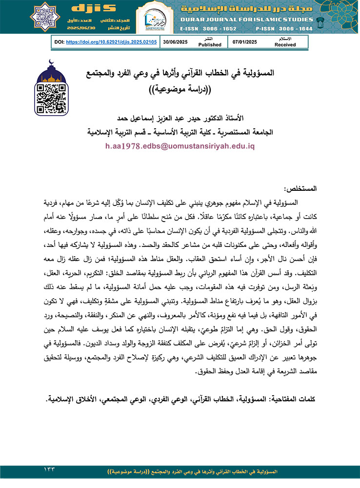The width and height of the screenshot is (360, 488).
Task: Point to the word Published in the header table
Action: (210, 44)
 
